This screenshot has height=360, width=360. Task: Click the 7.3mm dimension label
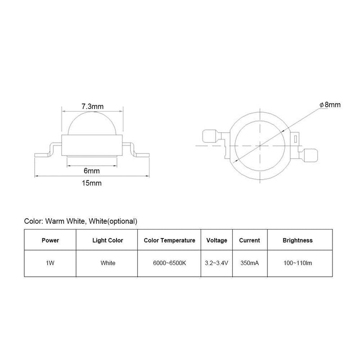click(93, 107)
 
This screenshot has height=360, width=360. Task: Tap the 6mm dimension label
click(92, 171)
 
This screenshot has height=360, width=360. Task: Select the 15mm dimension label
click(92, 183)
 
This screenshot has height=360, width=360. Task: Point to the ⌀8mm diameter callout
click(330, 105)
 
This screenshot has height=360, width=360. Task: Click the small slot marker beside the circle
click(296, 139)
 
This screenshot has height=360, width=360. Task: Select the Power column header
click(50, 240)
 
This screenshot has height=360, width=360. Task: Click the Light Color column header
click(108, 240)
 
